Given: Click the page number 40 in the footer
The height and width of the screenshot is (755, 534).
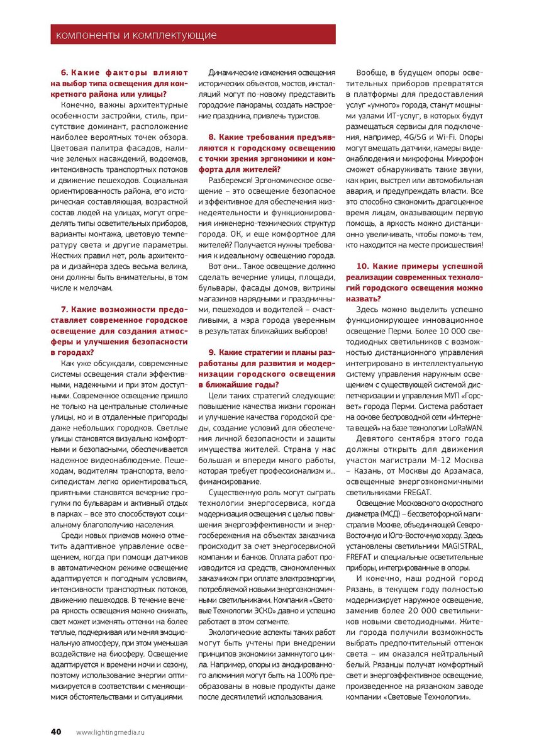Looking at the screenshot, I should [x=56, y=732].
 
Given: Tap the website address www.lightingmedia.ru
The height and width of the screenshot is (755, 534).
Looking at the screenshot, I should [x=110, y=732].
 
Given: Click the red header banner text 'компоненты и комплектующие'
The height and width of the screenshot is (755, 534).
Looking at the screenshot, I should [x=136, y=35].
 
